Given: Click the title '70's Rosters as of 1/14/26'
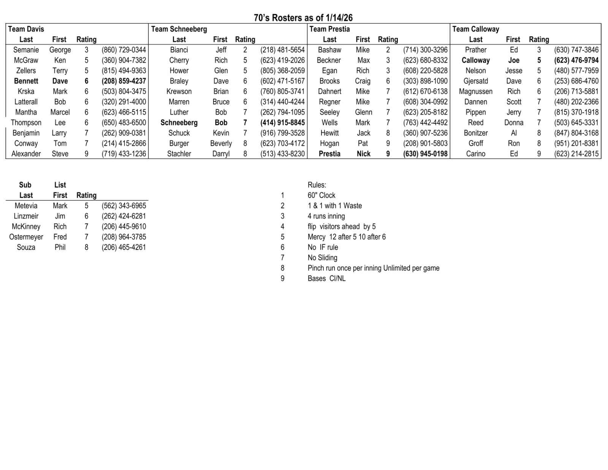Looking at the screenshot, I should click(x=303, y=18).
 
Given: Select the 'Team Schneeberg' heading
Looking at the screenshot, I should click(x=179, y=29).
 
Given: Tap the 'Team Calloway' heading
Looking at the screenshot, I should click(x=475, y=29).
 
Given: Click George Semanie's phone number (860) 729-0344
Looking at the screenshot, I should click(x=123, y=50).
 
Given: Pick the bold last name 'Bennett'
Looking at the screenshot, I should click(x=26, y=81).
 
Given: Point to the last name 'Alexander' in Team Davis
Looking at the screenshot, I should click(x=26, y=154).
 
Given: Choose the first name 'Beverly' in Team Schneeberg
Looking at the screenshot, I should click(x=221, y=144).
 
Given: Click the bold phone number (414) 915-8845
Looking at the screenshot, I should click(x=282, y=123).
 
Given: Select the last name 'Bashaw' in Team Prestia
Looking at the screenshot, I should click(x=329, y=50).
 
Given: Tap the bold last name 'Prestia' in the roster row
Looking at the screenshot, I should click(x=329, y=154).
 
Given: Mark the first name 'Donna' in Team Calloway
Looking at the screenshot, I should click(x=513, y=123).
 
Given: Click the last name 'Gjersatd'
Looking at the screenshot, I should click(x=475, y=81).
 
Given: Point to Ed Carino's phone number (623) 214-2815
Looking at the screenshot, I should click(x=576, y=154).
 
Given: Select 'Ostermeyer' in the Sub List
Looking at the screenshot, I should click(x=26, y=237).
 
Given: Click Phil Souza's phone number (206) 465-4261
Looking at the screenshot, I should click(x=123, y=247).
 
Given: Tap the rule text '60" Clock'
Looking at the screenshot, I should click(x=321, y=195).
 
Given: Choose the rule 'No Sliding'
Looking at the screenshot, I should click(x=322, y=258).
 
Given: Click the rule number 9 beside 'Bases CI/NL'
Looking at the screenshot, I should click(x=282, y=279).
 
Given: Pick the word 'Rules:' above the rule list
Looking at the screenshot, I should click(x=317, y=185).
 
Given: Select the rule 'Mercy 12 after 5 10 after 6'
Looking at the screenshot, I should click(x=347, y=237).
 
